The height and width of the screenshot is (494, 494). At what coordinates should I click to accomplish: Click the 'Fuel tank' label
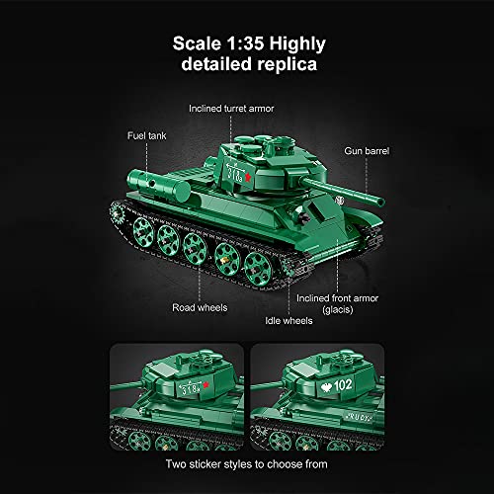[x=143, y=133]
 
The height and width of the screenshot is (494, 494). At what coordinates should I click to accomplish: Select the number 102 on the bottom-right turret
[x=341, y=382]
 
